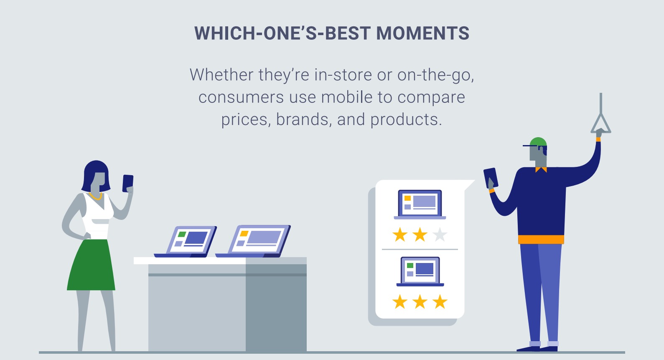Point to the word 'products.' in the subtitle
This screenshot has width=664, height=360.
(x=406, y=120)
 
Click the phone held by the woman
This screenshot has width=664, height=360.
(x=127, y=183)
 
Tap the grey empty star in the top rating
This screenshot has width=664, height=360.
(x=440, y=235)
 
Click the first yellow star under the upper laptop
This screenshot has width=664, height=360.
(x=400, y=235)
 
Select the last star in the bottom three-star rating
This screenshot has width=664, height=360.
(x=440, y=301)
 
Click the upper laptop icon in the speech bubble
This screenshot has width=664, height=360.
(x=420, y=204)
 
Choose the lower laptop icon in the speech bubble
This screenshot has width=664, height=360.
(x=420, y=271)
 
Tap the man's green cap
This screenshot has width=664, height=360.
(x=538, y=142)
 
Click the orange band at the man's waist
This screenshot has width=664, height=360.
(x=541, y=240)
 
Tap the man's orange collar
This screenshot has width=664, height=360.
(x=541, y=169)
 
